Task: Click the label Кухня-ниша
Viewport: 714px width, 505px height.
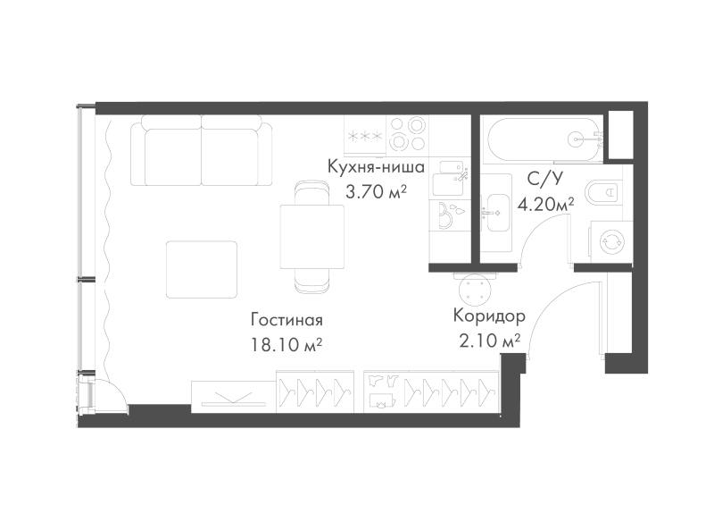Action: pyautogui.click(x=376, y=167)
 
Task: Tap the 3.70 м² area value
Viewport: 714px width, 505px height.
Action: pyautogui.click(x=376, y=192)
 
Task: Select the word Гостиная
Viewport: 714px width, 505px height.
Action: pyautogui.click(x=286, y=320)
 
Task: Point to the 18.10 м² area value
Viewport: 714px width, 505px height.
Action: pyautogui.click(x=286, y=345)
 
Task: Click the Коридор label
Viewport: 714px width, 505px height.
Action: pyautogui.click(x=489, y=316)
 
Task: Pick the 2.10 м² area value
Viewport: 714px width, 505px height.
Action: pyautogui.click(x=489, y=341)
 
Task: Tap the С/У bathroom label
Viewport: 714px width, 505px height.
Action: pyautogui.click(x=545, y=180)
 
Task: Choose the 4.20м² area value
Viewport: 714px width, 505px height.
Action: pyautogui.click(x=545, y=205)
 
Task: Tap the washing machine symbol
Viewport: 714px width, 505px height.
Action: pyautogui.click(x=610, y=242)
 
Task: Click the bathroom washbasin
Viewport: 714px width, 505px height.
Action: pyautogui.click(x=498, y=213)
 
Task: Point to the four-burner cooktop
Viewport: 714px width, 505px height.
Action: pyautogui.click(x=407, y=134)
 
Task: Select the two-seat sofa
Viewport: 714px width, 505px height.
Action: pyautogui.click(x=202, y=150)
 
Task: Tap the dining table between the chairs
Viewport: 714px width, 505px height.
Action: pyautogui.click(x=311, y=237)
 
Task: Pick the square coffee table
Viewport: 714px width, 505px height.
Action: pyautogui.click(x=202, y=270)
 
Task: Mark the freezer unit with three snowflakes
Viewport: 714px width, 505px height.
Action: pyautogui.click(x=365, y=135)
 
